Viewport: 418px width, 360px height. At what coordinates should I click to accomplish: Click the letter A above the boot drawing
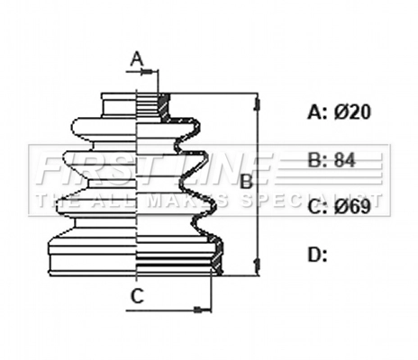click(137, 59)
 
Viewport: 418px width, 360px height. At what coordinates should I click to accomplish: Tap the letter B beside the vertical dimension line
click(245, 181)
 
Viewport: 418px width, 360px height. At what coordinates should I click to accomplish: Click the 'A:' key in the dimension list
click(317, 112)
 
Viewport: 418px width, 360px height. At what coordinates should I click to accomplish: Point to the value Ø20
click(353, 112)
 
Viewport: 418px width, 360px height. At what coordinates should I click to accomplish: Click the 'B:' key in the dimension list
click(317, 161)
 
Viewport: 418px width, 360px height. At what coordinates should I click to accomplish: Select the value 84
click(345, 161)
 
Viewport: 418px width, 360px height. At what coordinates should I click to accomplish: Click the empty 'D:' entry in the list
click(317, 256)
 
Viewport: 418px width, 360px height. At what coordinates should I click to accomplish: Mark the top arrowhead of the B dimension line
click(259, 98)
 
